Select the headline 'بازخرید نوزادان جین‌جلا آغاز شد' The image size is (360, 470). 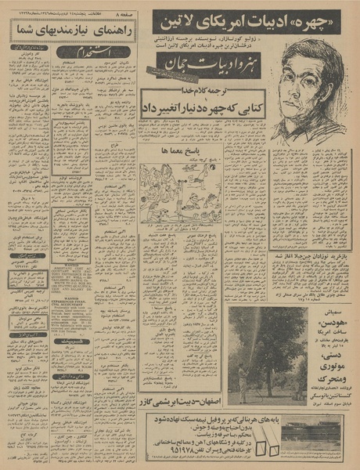311,257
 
